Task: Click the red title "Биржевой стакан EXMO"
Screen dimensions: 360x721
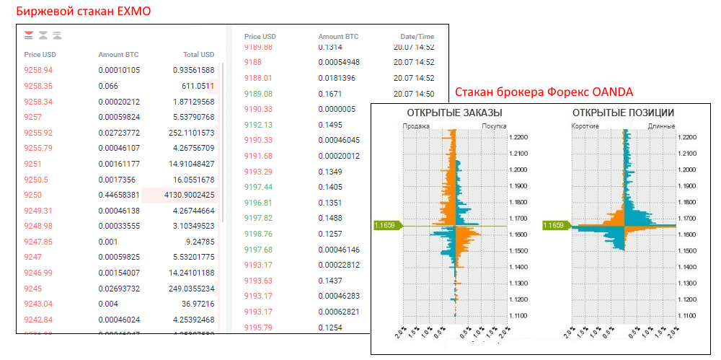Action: [83, 12]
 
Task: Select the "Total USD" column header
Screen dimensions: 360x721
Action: [198, 54]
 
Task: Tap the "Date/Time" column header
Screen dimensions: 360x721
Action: [417, 36]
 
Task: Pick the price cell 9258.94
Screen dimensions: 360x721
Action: [38, 70]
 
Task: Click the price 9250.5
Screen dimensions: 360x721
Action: [36, 179]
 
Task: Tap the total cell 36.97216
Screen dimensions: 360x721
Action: [195, 304]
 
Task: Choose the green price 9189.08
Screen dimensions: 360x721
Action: [258, 94]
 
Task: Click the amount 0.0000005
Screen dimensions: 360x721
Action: [337, 109]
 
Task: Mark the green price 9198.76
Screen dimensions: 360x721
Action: [258, 234]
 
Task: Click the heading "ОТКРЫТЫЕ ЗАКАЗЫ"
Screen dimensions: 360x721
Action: [455, 113]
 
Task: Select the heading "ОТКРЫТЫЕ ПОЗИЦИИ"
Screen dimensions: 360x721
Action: [623, 113]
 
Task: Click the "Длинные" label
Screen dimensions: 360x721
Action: [661, 126]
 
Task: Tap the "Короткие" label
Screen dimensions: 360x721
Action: [585, 126]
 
